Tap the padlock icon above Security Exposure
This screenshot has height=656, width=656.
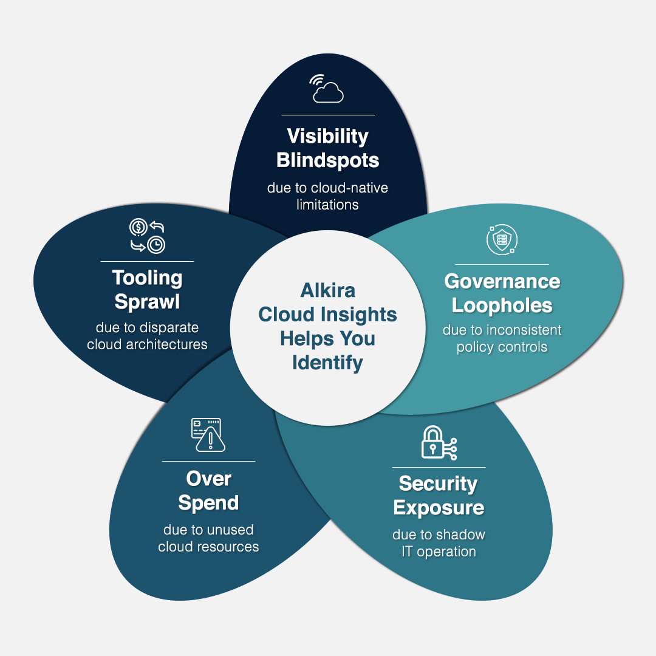[432, 443]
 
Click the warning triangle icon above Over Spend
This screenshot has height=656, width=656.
[211, 439]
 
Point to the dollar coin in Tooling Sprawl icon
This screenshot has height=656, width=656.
[138, 227]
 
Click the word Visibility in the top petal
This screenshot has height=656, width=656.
[328, 135]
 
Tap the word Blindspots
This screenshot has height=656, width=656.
[328, 160]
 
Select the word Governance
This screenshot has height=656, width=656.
[502, 281]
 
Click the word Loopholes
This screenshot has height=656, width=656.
[502, 305]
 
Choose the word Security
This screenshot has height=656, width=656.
[439, 483]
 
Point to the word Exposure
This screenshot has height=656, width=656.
[439, 507]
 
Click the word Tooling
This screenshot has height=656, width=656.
[147, 278]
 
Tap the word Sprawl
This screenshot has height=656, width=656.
[147, 302]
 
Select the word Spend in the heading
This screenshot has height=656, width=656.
[208, 503]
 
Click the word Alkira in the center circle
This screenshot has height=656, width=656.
[328, 290]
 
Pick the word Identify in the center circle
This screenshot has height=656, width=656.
[328, 363]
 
